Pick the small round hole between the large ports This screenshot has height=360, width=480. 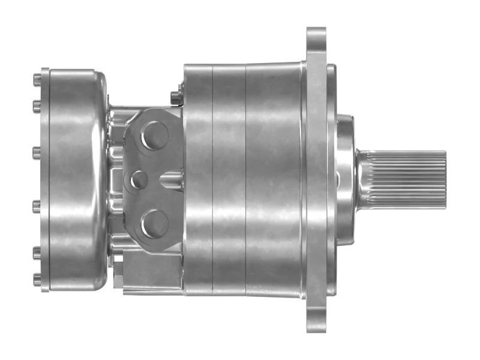click(139, 179)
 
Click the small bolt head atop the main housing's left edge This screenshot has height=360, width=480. click(175, 95)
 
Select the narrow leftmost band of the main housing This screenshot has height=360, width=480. click(199, 180)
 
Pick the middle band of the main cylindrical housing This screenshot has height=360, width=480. click(229, 180)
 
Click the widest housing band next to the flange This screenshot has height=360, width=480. click(273, 180)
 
